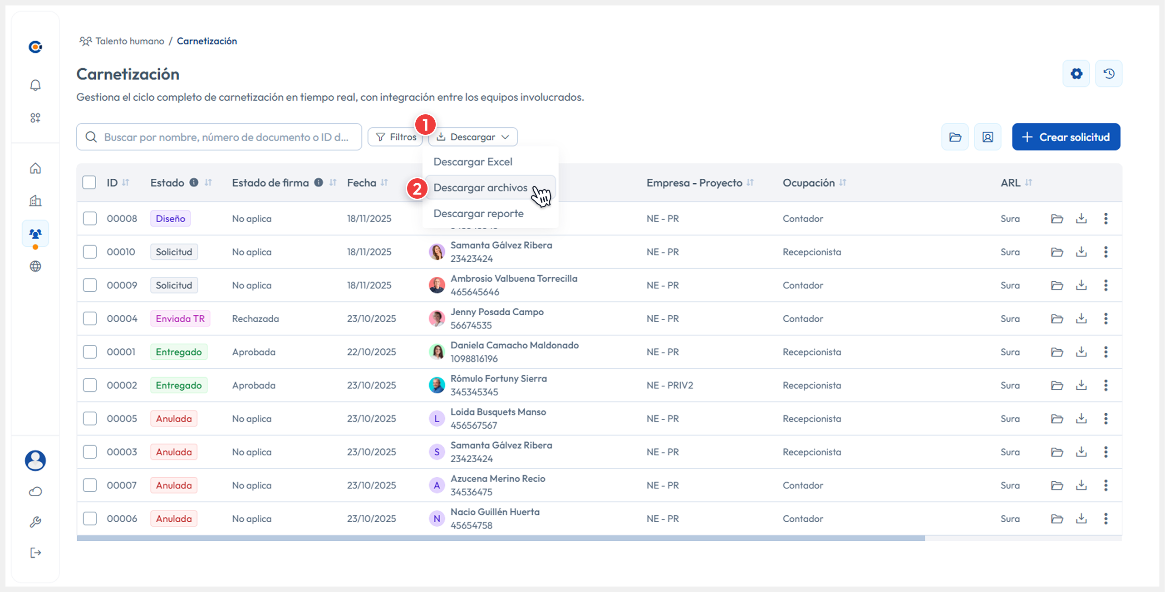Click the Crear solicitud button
tap(1066, 137)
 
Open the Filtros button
tap(396, 137)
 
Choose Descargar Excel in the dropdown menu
tap(472, 162)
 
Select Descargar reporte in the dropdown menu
tap(478, 214)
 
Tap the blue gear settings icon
tap(1076, 73)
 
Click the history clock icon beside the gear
tap(1109, 73)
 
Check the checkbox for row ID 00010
tap(90, 252)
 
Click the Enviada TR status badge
tap(180, 318)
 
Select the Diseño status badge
tap(170, 219)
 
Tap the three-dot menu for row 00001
tap(1106, 352)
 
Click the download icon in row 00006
tap(1081, 519)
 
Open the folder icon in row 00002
tap(1057, 385)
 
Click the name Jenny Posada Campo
tap(497, 312)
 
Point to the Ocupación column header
tap(808, 183)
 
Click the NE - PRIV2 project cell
tap(670, 385)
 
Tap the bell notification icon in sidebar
tap(35, 85)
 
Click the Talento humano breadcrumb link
tap(129, 41)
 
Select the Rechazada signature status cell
tap(256, 318)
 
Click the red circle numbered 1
tap(425, 124)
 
